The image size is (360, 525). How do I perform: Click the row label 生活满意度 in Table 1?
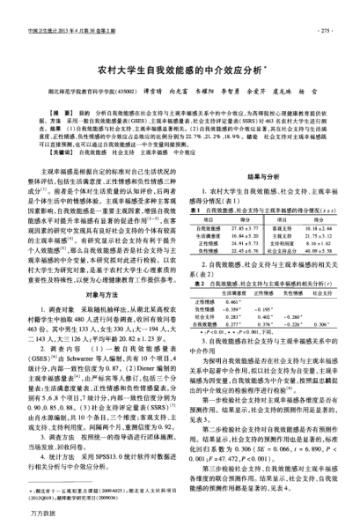click(x=206, y=234)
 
